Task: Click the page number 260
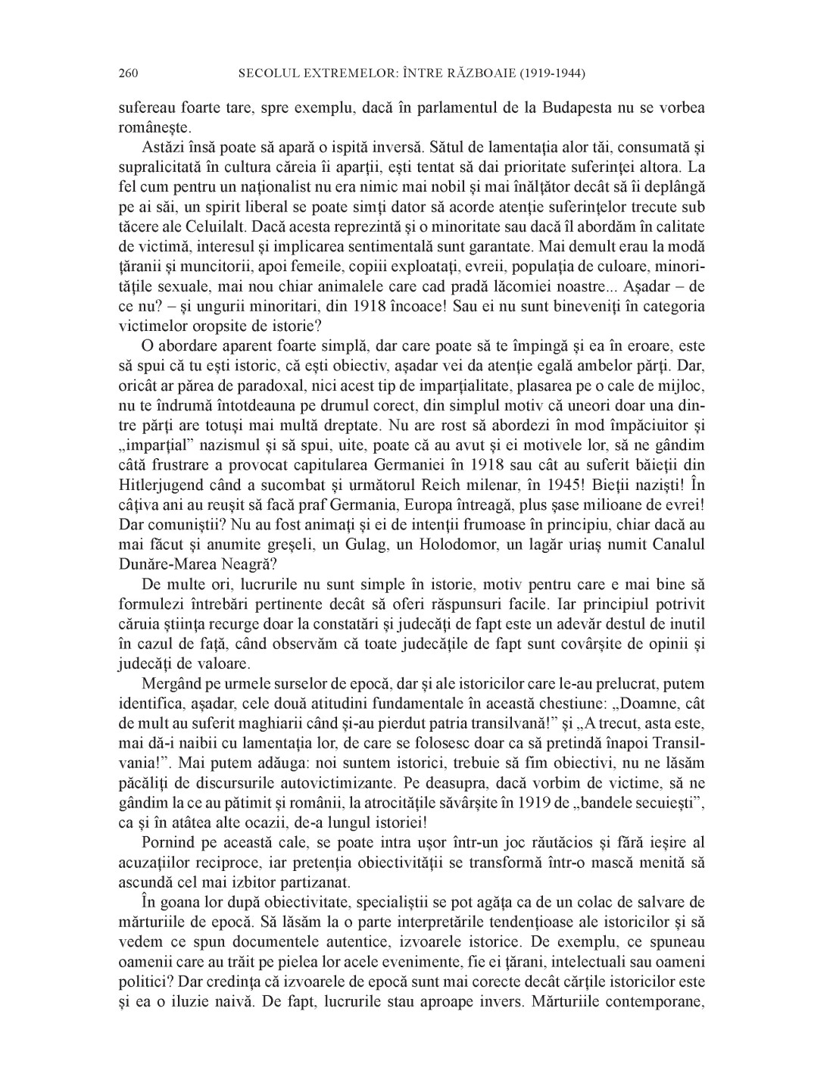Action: (127, 73)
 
